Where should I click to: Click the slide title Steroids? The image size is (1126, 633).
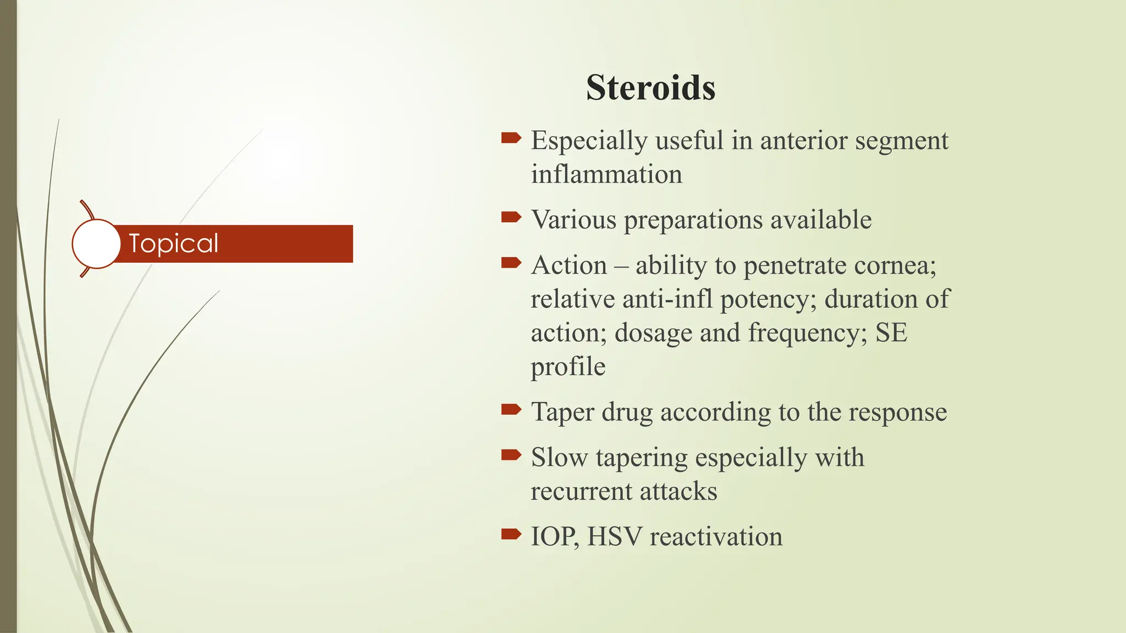650,87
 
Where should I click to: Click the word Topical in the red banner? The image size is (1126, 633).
173,243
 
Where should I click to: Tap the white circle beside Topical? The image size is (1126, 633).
96,243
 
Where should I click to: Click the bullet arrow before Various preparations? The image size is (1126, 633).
511,217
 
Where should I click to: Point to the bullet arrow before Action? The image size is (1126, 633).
511,263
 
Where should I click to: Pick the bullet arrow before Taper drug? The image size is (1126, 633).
511,409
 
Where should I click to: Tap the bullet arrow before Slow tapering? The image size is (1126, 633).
511,454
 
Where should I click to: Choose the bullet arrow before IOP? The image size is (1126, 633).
511,534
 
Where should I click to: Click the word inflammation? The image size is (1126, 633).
606,175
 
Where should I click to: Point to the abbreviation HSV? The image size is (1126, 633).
614,536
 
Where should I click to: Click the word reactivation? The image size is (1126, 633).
716,536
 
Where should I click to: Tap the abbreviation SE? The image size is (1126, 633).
891,333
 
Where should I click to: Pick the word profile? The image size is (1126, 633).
568,367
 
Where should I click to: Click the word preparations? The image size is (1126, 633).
693,220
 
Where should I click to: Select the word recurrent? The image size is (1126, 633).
581,491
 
